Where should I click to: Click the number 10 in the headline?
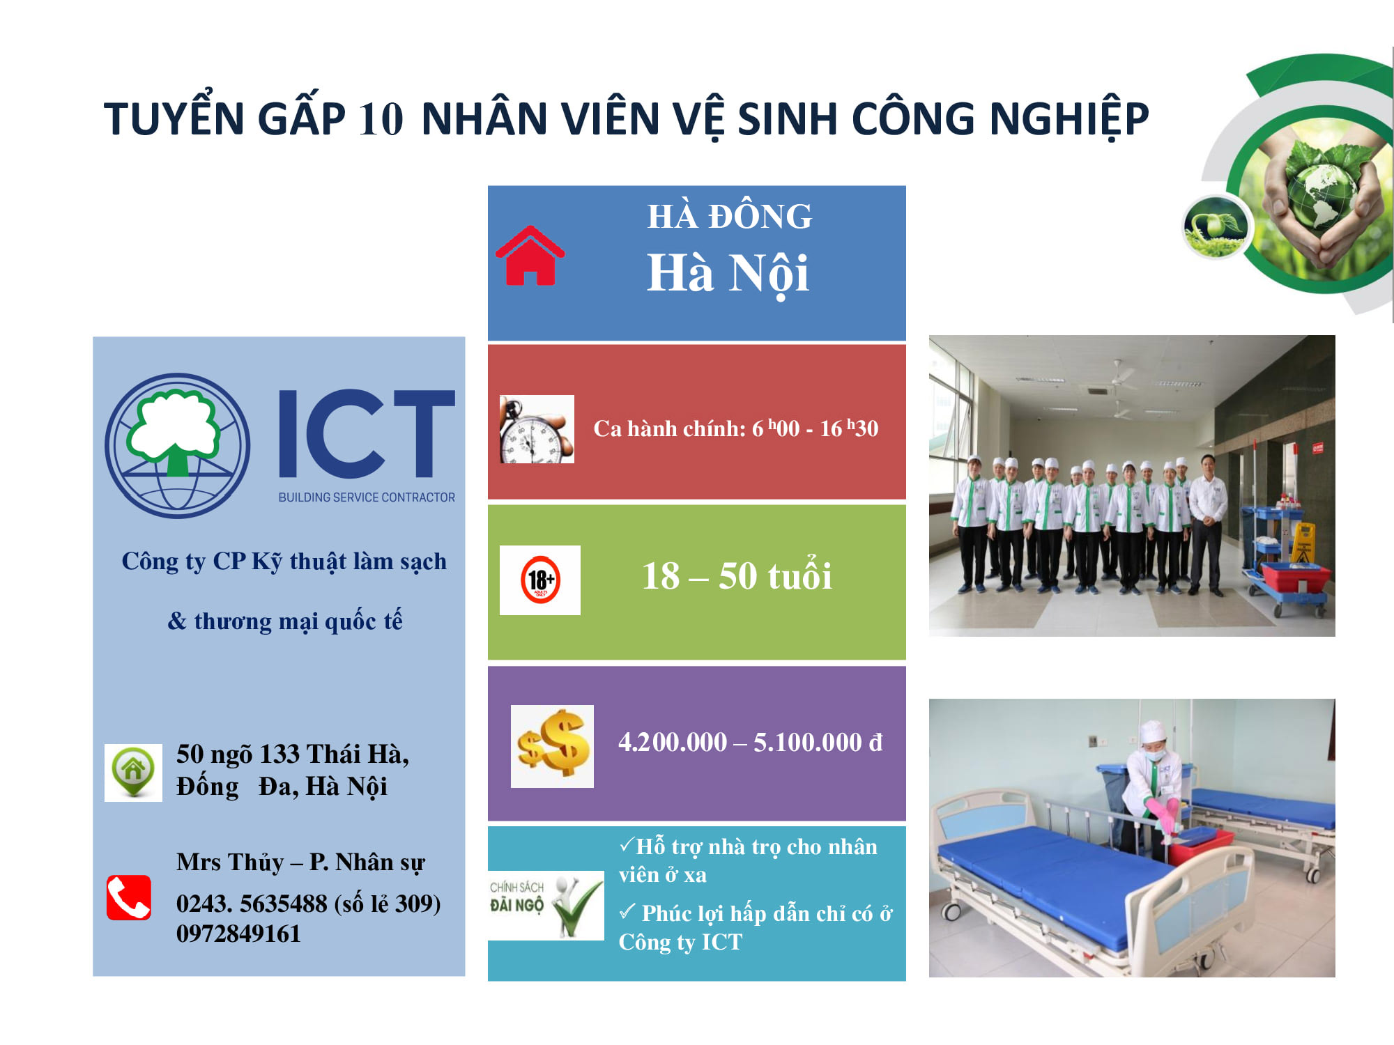(x=381, y=118)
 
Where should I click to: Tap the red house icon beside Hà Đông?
(x=530, y=256)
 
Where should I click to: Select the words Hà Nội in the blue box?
(x=728, y=274)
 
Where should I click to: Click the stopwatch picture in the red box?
(x=537, y=429)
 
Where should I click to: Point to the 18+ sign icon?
(x=540, y=580)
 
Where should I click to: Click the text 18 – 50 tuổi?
(x=737, y=576)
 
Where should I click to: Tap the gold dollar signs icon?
(x=552, y=746)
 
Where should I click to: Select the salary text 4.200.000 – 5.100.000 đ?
(x=751, y=743)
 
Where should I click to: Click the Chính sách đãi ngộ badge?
(x=546, y=905)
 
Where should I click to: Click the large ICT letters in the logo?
(x=367, y=433)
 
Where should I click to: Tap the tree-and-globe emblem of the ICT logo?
(x=177, y=446)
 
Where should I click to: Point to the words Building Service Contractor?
(x=367, y=497)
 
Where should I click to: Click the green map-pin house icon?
(x=133, y=772)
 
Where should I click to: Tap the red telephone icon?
(x=129, y=897)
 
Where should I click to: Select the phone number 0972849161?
(x=238, y=934)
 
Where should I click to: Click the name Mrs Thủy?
(x=230, y=862)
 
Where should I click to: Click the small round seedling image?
(x=1216, y=226)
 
